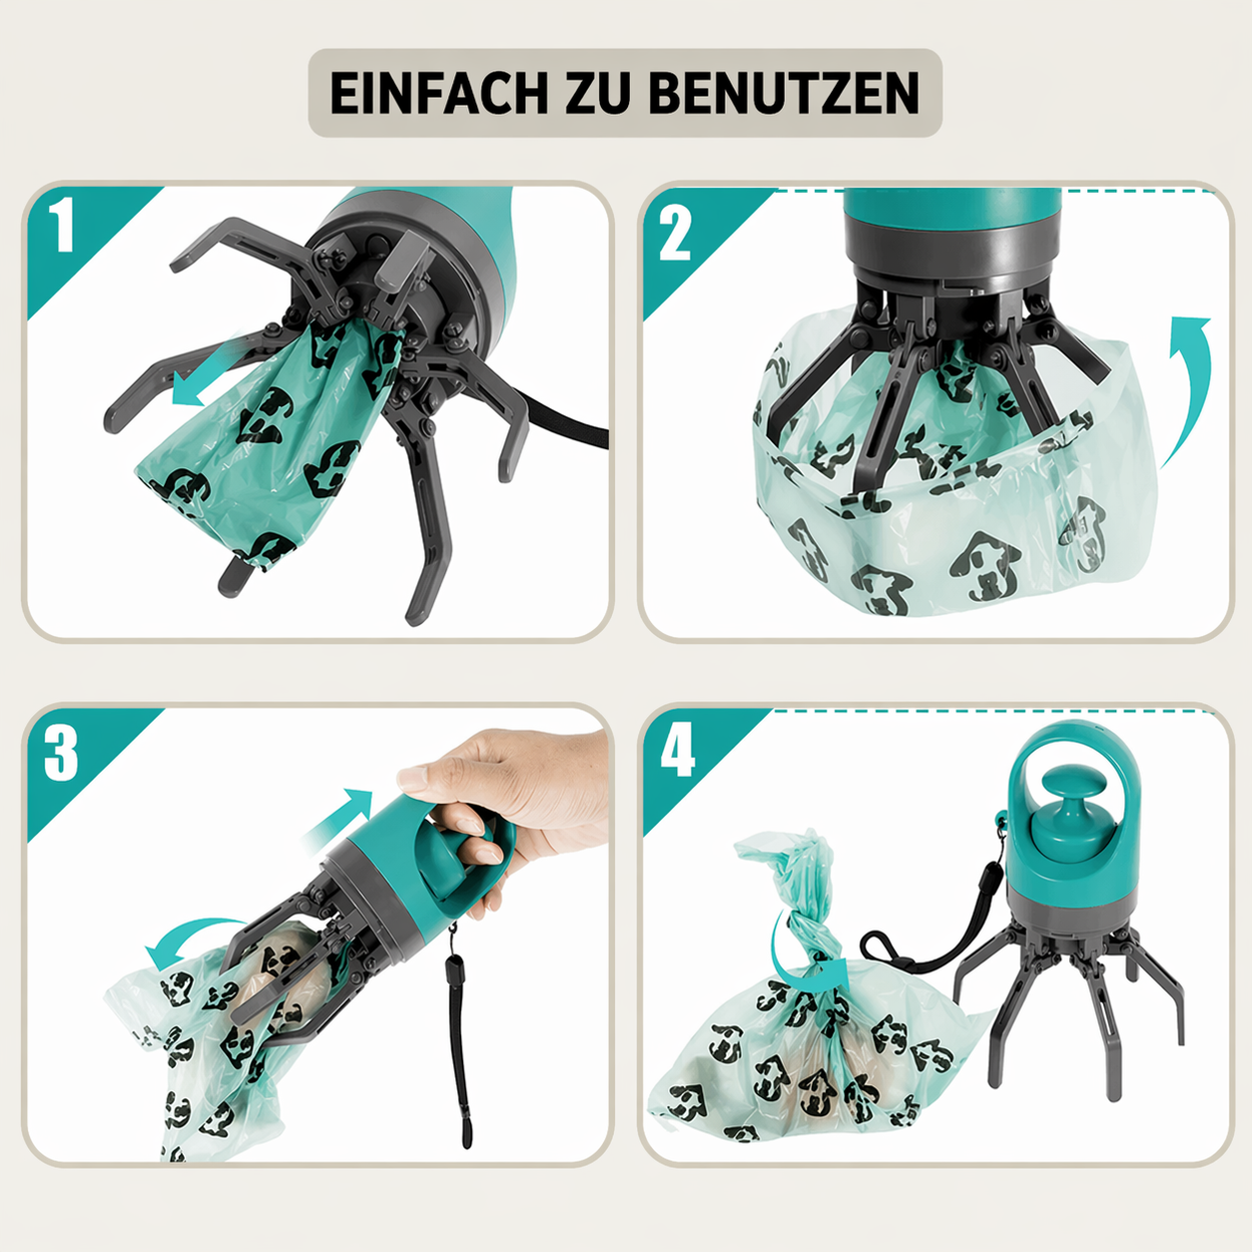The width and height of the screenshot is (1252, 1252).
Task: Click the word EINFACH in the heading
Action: [439, 93]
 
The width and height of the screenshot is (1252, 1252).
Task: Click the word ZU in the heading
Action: [598, 93]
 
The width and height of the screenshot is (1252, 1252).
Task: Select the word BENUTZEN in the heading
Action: [784, 93]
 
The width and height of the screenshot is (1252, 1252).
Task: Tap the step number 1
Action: [63, 226]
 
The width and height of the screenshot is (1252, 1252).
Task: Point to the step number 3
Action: [61, 755]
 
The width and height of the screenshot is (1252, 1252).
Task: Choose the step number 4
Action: [678, 753]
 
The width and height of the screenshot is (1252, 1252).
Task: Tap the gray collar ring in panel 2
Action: [952, 250]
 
